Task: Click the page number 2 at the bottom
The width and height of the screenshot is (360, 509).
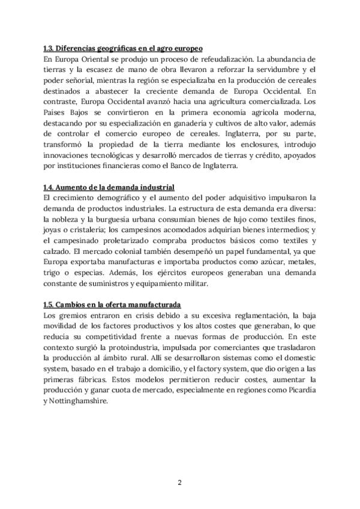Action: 180,482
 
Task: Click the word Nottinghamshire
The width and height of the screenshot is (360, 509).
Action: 79,402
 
